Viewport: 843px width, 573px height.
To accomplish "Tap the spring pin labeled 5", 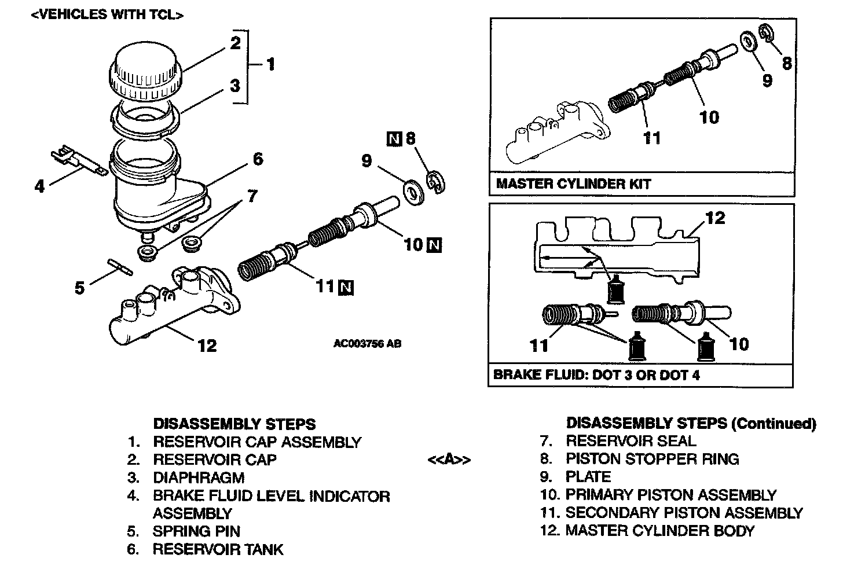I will coord(120,267).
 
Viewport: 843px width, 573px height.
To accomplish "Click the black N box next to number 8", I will coord(394,139).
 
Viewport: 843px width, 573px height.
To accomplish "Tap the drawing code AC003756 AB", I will coord(367,343).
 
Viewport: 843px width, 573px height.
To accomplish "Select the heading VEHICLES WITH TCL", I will coord(107,15).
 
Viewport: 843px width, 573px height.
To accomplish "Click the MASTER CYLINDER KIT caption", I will coord(573,184).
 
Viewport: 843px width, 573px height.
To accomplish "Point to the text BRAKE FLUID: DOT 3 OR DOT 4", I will coord(596,374).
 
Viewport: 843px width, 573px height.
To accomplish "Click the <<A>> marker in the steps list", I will coord(449,460).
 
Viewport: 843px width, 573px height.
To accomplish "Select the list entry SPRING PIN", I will coord(196,531).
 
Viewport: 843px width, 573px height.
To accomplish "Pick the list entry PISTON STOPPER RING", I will coord(652,459).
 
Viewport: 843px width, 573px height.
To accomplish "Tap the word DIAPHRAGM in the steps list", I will coord(199,477).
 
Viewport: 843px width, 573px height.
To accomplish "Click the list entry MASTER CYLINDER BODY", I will coord(660,530).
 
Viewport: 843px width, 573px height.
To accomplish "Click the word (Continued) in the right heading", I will coord(774,424).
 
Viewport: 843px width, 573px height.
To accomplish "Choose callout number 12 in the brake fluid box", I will coord(716,218).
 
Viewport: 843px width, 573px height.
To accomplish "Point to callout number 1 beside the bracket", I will coord(270,64).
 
